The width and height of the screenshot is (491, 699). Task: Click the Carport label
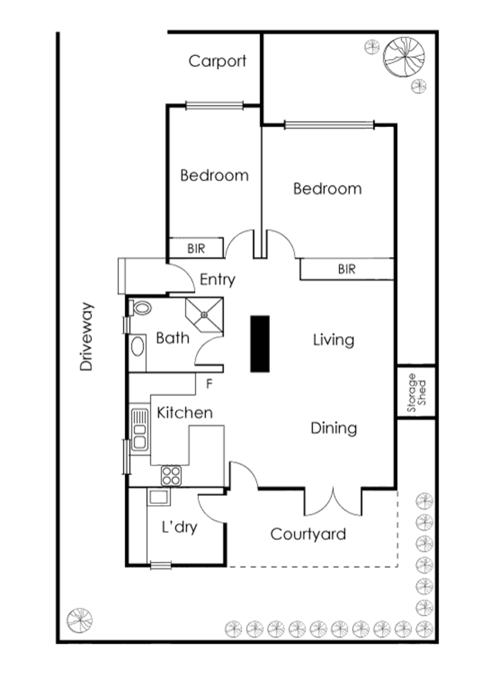click(217, 61)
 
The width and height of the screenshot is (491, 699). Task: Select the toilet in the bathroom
click(141, 308)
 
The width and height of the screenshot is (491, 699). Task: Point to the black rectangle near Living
click(260, 344)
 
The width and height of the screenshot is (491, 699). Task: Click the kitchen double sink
click(139, 430)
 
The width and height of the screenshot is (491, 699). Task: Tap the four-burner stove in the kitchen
click(171, 474)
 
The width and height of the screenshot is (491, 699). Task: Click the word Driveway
click(87, 336)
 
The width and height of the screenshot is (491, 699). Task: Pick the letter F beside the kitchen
click(209, 385)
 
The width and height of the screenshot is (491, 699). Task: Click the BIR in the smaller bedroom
click(196, 249)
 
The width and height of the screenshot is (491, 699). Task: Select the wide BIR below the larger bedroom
click(347, 269)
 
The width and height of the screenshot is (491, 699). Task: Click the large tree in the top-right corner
click(403, 56)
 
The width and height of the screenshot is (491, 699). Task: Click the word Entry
click(217, 280)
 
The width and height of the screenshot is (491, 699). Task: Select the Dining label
click(333, 428)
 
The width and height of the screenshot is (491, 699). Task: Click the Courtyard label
click(308, 535)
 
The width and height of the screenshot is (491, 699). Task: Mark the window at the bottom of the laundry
click(161, 566)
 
